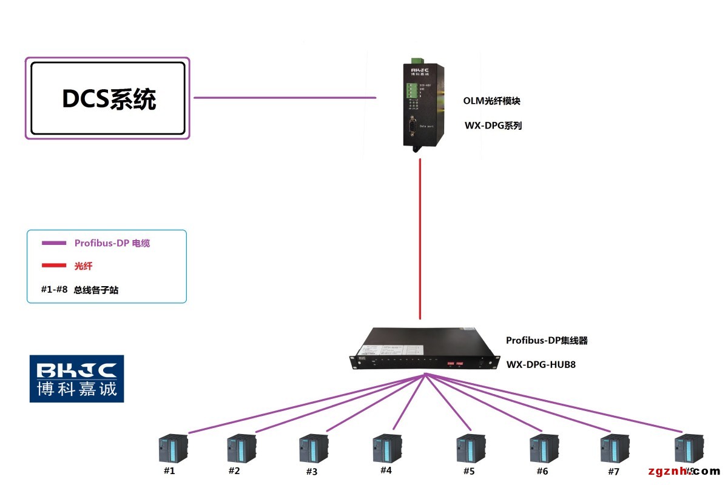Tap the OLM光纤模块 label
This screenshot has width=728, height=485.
tap(492, 101)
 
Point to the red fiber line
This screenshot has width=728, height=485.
tap(420, 236)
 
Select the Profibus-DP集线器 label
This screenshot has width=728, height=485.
tap(547, 341)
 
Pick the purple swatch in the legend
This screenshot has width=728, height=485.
tap(53, 243)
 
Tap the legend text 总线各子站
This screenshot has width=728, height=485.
tap(96, 290)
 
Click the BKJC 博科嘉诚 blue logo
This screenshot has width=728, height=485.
tap(77, 378)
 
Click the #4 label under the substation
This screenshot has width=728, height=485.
tap(386, 470)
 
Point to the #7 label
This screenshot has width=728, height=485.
tap(613, 471)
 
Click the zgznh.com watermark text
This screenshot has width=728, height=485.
tap(684, 472)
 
